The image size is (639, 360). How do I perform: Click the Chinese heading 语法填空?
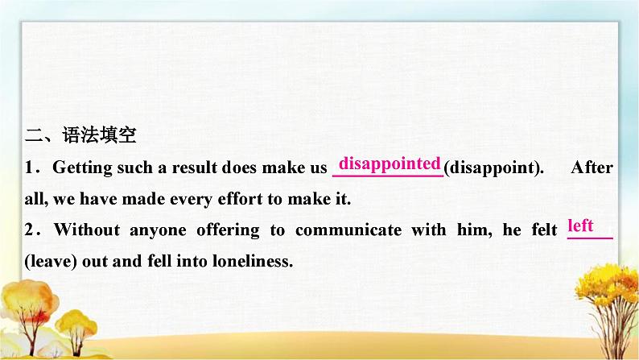[x=100, y=135]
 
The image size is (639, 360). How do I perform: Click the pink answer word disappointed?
[x=390, y=164]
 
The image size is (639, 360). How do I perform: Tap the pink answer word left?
[x=580, y=225]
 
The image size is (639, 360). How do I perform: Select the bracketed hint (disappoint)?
[x=493, y=168]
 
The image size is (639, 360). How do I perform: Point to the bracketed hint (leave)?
[x=51, y=261]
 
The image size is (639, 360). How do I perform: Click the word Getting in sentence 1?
[x=82, y=168]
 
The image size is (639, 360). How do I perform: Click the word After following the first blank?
[x=592, y=168]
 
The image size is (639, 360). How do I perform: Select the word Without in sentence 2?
[x=87, y=230]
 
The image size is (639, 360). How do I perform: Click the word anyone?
[x=158, y=231]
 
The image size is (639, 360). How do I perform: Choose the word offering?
[x=228, y=230]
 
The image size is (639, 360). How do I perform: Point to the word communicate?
[x=348, y=230]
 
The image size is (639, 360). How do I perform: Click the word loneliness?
[x=253, y=261]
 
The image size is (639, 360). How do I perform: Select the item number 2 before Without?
[x=29, y=230]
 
